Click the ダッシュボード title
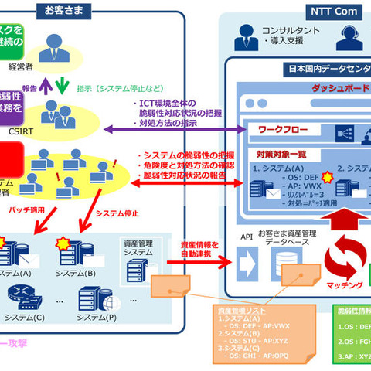point(340,88)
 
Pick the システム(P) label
point(100,317)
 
